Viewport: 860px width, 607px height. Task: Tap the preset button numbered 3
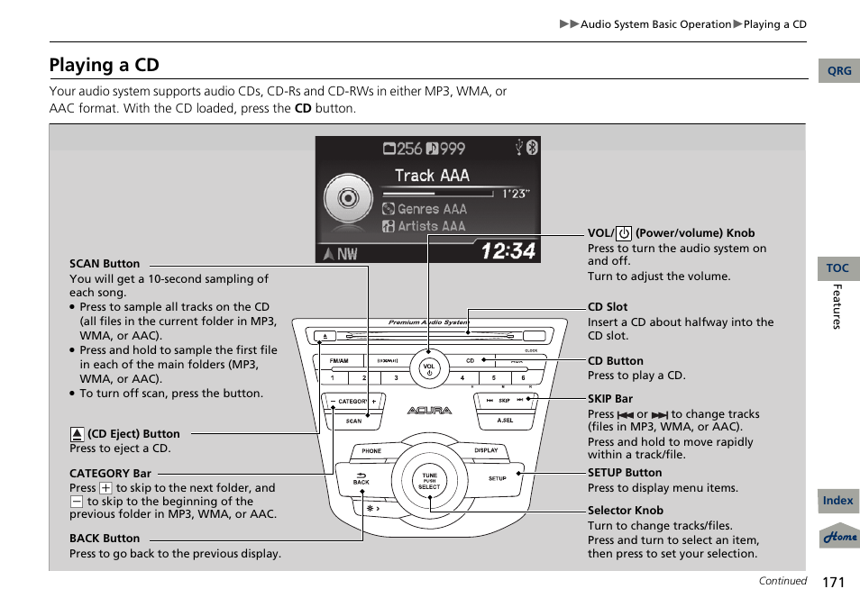pyautogui.click(x=396, y=379)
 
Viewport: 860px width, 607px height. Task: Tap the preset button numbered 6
pyautogui.click(x=523, y=379)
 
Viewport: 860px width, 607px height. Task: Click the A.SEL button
pyautogui.click(x=505, y=420)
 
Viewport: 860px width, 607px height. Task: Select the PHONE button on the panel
pyautogui.click(x=371, y=450)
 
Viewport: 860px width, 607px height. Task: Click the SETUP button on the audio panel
pyautogui.click(x=498, y=478)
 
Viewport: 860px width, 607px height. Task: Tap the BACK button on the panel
pyautogui.click(x=361, y=480)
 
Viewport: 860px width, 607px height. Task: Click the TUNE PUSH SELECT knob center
pyautogui.click(x=430, y=481)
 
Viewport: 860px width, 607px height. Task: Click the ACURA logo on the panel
pyautogui.click(x=429, y=411)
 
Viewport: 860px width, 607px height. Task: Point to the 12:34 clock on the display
pyautogui.click(x=508, y=251)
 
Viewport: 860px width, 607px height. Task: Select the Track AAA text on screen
pyautogui.click(x=432, y=176)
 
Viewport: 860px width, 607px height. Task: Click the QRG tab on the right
pyautogui.click(x=839, y=71)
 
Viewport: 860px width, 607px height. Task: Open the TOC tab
pyautogui.click(x=837, y=268)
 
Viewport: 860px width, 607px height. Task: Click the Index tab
pyautogui.click(x=837, y=501)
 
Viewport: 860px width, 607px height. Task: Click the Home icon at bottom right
pyautogui.click(x=839, y=537)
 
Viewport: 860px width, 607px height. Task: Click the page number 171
pyautogui.click(x=833, y=582)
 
